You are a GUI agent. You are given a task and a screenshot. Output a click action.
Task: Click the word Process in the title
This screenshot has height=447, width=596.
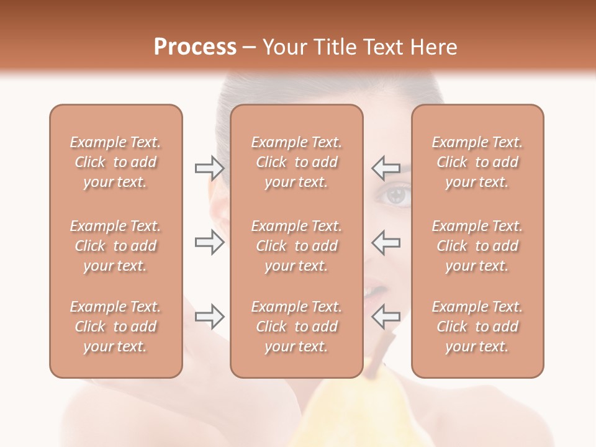coord(195,47)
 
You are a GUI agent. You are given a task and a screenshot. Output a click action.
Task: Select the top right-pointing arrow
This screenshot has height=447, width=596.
coord(209,168)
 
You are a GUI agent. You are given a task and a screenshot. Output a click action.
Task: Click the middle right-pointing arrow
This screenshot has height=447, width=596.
coord(209,242)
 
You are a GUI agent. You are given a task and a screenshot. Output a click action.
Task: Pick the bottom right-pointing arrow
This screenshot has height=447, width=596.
coord(209,317)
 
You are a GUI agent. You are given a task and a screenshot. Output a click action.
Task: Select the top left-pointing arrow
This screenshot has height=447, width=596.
coord(386,168)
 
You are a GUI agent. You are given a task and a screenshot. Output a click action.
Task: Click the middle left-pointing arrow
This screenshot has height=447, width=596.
coord(386,242)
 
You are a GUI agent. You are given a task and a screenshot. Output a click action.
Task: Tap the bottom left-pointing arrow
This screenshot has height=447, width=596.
coord(386,317)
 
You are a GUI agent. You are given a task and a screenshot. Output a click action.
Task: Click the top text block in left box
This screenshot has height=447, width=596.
coord(115,162)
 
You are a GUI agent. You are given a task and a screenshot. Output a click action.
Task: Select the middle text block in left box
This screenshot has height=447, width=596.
coord(115,246)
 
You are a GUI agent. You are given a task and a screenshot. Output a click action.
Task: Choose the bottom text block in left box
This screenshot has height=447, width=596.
coord(115,327)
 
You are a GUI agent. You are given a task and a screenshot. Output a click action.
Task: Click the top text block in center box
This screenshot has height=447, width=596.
coord(297,162)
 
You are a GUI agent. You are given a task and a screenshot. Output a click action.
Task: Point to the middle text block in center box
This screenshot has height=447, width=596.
coord(297,246)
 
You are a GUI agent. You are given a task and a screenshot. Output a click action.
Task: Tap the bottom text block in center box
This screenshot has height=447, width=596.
coord(297,327)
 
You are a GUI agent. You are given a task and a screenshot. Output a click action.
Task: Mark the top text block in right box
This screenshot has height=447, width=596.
coord(477,162)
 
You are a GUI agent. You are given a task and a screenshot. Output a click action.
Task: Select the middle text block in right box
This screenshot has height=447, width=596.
coord(477,246)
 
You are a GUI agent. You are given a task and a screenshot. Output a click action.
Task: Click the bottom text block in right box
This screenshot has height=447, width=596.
coord(477,327)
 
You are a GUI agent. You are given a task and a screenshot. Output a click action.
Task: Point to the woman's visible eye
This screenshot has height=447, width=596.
coord(395,196)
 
